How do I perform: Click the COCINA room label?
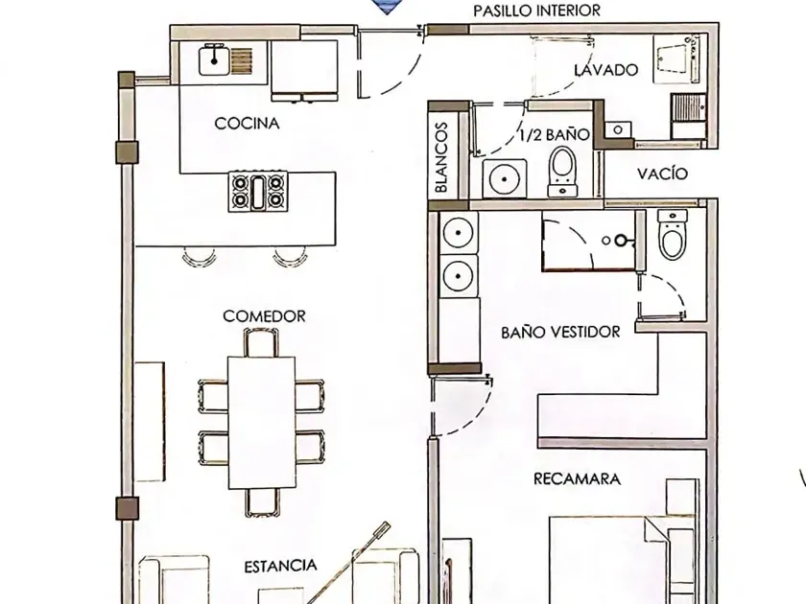click(247, 124)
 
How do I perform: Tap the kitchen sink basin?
click(214, 60)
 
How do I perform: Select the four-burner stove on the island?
click(258, 191)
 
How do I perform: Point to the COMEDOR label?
click(264, 315)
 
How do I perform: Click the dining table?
click(262, 422)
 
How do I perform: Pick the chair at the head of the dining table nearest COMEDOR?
click(262, 342)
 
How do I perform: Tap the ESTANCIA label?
click(280, 566)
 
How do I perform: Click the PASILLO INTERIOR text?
click(536, 11)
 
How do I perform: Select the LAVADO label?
click(606, 70)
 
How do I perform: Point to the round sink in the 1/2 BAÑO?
click(505, 178)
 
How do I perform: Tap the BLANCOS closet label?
click(441, 157)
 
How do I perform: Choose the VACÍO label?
click(662, 174)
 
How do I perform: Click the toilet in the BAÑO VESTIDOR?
click(673, 234)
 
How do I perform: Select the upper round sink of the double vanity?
click(458, 233)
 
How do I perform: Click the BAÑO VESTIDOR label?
click(560, 332)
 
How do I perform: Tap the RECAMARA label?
click(577, 478)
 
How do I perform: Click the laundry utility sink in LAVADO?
click(675, 61)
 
